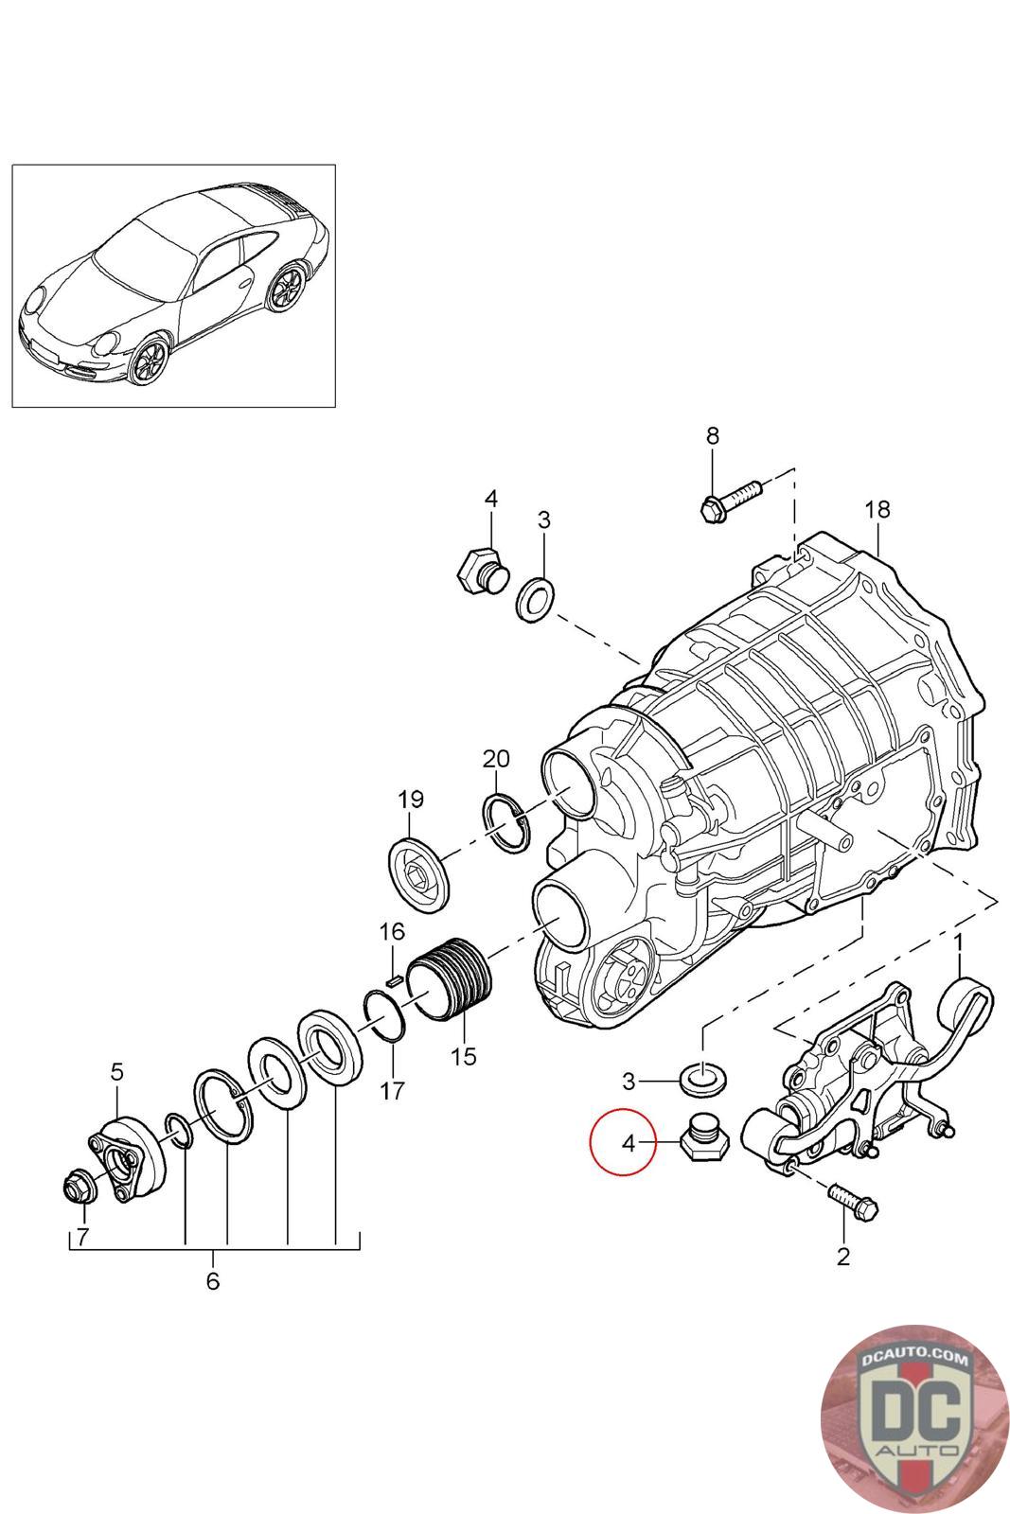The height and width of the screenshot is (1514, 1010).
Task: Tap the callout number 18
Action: click(877, 510)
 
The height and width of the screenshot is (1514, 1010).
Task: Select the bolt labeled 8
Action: click(732, 500)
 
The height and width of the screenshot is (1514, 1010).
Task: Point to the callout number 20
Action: click(496, 758)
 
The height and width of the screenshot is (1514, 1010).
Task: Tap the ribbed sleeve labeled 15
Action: click(452, 977)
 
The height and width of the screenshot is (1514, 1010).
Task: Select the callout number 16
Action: click(392, 931)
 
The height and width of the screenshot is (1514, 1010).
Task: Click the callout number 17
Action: click(392, 1090)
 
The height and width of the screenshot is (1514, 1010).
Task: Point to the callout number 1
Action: click(958, 942)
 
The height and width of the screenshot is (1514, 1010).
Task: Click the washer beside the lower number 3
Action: click(702, 1076)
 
